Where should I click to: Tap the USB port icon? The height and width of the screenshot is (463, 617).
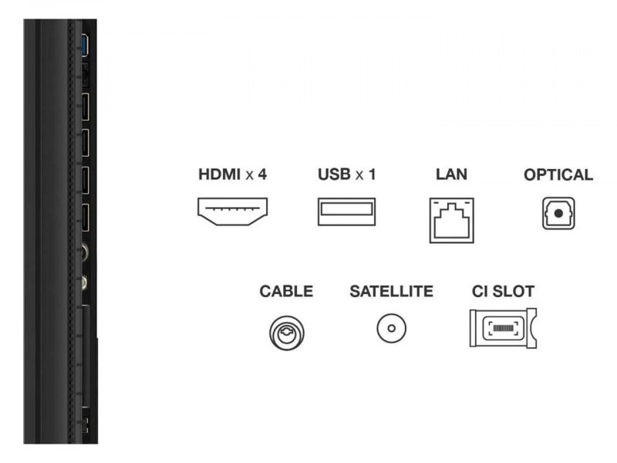pos(346,211)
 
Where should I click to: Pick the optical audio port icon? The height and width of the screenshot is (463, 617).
pos(558,212)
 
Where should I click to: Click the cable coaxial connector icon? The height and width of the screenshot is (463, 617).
pos(286,331)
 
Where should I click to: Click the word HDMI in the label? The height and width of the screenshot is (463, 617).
pos(218,174)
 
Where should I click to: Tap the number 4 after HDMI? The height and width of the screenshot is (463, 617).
pos(262,174)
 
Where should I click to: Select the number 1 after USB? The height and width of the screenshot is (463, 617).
pos(373,174)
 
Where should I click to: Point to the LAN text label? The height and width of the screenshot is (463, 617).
pos(451,174)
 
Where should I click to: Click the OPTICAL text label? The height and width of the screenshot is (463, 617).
pos(558,174)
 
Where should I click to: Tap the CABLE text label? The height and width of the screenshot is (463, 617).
pos(286,292)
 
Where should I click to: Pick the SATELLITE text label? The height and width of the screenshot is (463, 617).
pos(391,292)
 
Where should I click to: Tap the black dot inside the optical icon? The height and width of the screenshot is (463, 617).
pos(558,213)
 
